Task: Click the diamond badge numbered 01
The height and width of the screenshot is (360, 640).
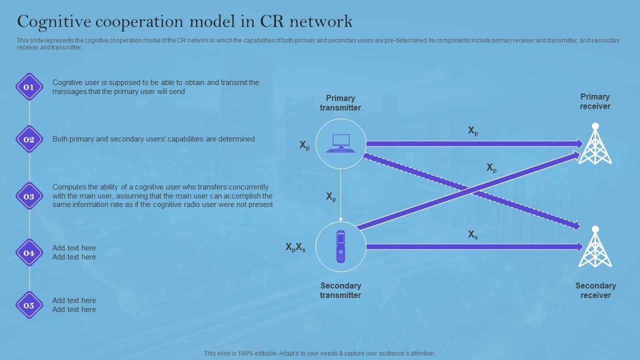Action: [x=29, y=87]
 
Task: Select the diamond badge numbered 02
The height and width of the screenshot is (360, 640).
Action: [x=29, y=139]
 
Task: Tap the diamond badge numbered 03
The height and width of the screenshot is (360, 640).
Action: [x=29, y=196]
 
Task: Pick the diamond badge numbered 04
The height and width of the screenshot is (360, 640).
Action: [x=29, y=253]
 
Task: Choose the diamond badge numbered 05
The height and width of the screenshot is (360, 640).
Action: [x=29, y=305]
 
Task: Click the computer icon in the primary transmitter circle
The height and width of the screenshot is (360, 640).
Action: [x=340, y=143]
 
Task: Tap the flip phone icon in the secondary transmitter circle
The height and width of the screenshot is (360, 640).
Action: [x=340, y=246]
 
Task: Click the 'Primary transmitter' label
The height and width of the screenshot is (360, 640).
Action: [x=340, y=103]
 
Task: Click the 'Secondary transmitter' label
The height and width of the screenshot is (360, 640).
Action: [x=340, y=290]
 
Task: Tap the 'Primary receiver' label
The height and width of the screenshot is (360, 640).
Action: [x=595, y=101]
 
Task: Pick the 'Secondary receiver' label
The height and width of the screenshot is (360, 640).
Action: [x=595, y=290]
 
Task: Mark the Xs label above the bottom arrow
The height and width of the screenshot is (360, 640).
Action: [x=472, y=234]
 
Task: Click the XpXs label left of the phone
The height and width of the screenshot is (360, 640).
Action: [x=295, y=247]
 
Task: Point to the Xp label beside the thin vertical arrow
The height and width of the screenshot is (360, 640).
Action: [x=331, y=197]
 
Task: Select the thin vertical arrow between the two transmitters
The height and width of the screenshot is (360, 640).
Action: [x=340, y=195]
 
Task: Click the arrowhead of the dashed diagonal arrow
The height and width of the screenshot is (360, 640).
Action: [x=576, y=225]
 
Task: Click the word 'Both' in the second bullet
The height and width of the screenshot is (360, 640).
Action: [x=60, y=139]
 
